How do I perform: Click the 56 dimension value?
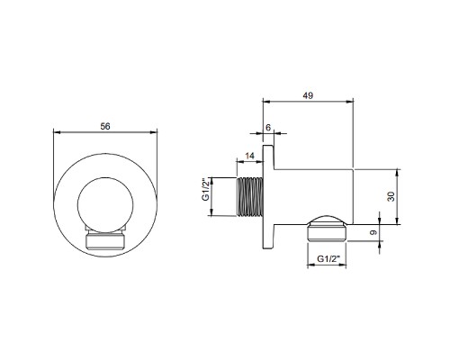105,127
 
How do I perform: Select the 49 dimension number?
308,95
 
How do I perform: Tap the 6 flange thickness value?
268,128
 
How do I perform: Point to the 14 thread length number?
249,156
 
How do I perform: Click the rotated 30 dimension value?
391,196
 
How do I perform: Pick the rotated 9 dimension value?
373,232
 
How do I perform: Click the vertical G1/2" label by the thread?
205,191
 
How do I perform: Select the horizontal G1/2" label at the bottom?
328,258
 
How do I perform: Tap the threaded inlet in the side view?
250,196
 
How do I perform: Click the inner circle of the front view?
105,178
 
